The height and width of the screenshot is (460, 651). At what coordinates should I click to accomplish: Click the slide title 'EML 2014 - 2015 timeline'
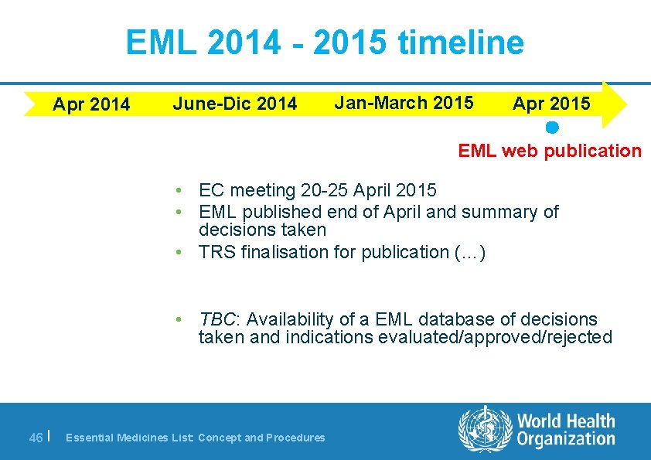[x=325, y=43]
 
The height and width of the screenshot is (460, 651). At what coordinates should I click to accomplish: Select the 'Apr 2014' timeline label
[x=91, y=104]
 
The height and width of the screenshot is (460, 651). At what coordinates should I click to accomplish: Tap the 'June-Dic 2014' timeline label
[x=235, y=104]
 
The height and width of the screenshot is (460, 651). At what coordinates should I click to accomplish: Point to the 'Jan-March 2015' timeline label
[x=404, y=102]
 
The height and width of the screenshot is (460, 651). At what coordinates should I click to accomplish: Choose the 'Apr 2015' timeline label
[x=551, y=104]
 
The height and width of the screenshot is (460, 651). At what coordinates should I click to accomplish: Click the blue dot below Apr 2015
[x=551, y=126]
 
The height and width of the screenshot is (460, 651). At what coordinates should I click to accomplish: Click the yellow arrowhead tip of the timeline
[x=622, y=104]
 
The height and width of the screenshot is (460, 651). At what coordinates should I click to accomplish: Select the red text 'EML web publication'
[x=550, y=151]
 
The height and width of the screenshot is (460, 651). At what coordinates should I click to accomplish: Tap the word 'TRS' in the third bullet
[x=216, y=252]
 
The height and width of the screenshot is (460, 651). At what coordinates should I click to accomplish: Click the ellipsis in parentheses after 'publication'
[x=471, y=252]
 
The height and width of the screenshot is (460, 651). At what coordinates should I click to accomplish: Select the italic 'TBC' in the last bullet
[x=217, y=319]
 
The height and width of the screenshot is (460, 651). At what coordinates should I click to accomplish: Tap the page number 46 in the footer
[x=36, y=438]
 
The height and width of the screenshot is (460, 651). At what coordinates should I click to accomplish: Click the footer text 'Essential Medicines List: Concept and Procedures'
[x=196, y=438]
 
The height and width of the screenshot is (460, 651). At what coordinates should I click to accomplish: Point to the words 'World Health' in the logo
[x=566, y=421]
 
